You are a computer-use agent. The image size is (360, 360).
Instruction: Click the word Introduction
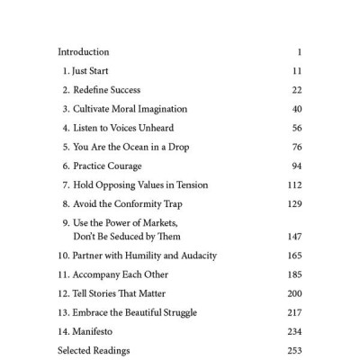[83, 51]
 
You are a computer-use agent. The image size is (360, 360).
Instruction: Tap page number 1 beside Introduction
[299, 51]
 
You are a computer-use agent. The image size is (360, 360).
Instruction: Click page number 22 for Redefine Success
[296, 91]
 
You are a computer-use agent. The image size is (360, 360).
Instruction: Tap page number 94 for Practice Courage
[296, 166]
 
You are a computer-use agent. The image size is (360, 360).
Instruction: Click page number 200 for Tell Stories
[294, 293]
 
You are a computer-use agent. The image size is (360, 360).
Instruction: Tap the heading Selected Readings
[95, 350]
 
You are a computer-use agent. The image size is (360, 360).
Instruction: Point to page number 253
[294, 350]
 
